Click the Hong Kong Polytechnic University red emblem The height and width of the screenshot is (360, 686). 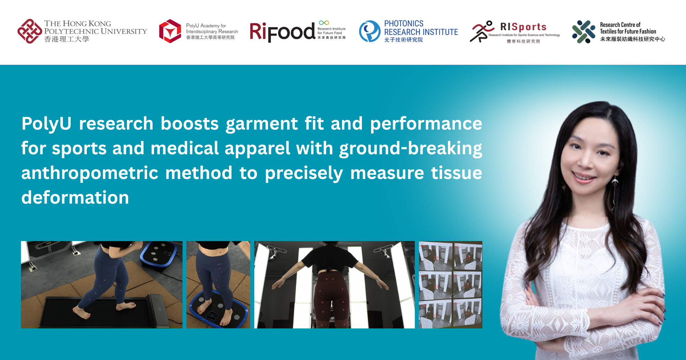tap(29, 31)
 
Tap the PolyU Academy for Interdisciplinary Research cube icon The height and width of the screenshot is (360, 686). tap(170, 31)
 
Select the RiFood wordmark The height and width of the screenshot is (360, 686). tap(282, 32)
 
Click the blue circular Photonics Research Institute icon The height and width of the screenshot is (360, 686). tap(369, 31)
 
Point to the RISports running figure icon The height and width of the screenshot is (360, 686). tap(482, 31)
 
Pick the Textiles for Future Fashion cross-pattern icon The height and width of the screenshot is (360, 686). tap(583, 32)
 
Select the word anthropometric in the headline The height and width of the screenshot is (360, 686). tap(90, 173)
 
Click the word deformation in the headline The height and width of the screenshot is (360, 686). tap(75, 197)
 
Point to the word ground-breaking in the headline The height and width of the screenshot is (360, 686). tap(410, 148)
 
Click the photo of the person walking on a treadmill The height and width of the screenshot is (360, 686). tap(102, 285)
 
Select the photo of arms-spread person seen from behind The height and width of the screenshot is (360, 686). tap(334, 285)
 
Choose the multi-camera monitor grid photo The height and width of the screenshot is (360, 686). tap(450, 285)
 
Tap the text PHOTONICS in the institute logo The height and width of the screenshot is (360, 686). tap(404, 24)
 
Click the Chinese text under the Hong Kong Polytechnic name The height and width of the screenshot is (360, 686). tap(67, 39)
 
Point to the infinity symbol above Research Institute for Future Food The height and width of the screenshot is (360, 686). tap(324, 23)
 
